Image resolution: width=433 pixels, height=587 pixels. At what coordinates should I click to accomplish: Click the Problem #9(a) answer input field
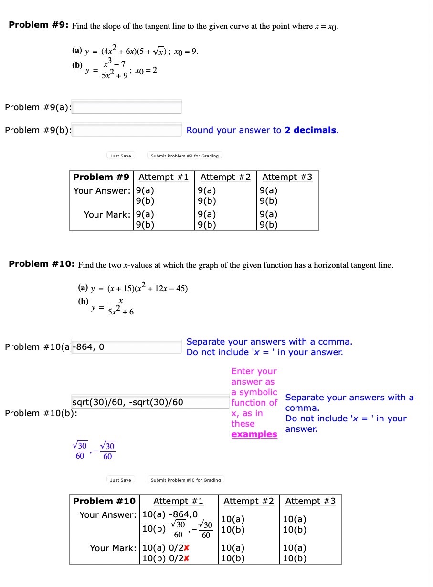click(127, 107)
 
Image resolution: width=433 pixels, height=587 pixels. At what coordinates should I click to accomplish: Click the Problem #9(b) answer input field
click(127, 130)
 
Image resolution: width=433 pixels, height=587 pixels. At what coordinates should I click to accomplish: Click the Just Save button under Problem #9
click(120, 156)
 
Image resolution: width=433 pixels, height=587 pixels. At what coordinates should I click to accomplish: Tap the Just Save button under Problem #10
click(120, 480)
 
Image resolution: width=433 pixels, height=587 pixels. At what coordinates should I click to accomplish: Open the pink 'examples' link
click(254, 434)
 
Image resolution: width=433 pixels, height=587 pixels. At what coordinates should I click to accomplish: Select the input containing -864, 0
click(126, 347)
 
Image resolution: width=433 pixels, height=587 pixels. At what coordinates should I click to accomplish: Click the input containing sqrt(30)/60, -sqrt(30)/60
click(127, 402)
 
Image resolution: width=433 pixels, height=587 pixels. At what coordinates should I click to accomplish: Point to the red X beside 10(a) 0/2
click(187, 548)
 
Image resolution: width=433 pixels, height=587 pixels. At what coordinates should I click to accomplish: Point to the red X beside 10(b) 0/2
click(187, 558)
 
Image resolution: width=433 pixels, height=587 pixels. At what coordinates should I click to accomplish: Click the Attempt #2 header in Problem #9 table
click(225, 177)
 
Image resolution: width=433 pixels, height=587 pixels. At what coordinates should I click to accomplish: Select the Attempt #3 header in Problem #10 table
click(310, 501)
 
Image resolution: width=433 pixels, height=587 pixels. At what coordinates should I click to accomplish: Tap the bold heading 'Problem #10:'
click(42, 264)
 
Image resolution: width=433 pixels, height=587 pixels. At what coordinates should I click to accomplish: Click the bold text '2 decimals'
click(310, 130)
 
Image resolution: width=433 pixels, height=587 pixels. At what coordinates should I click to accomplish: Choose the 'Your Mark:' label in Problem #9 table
click(107, 214)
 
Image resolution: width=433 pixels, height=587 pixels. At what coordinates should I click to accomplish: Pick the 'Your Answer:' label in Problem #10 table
click(108, 514)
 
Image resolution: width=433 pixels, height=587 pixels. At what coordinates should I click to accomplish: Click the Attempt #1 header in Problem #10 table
click(178, 501)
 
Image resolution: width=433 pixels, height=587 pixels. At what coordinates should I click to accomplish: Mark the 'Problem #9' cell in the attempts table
click(101, 177)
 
